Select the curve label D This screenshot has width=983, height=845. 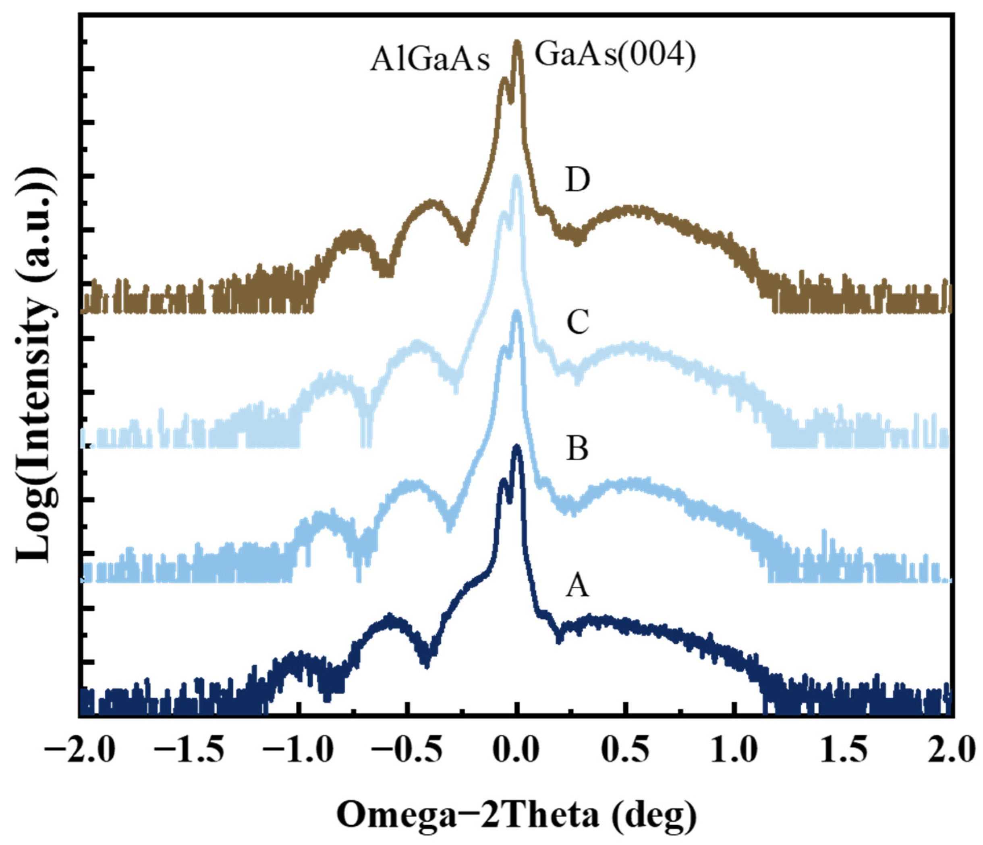coord(577,180)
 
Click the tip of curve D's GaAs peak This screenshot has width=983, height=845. coord(517,43)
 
